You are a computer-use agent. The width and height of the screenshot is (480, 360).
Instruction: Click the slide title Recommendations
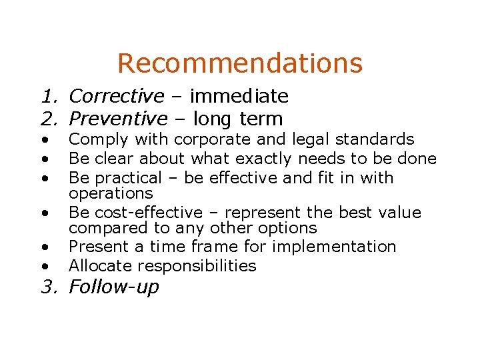coord(240,63)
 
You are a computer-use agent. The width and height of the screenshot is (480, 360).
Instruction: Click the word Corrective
coord(117,97)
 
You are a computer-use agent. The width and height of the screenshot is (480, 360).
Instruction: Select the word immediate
coord(239,97)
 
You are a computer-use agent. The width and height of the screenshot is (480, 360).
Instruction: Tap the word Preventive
coord(119,119)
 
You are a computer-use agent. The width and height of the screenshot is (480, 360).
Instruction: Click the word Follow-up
coord(114,287)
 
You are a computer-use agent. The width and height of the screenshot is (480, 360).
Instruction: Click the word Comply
coord(94,140)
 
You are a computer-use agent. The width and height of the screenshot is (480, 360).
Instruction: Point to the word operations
coord(111,193)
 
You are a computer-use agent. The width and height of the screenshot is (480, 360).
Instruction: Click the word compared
coord(104,228)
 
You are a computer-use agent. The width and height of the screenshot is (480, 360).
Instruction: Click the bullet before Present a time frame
coord(44,247)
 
